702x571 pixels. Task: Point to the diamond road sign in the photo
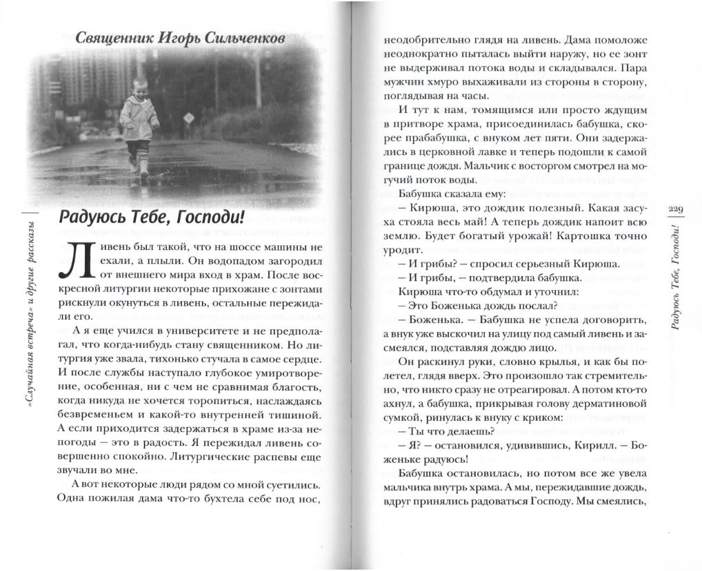188,118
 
